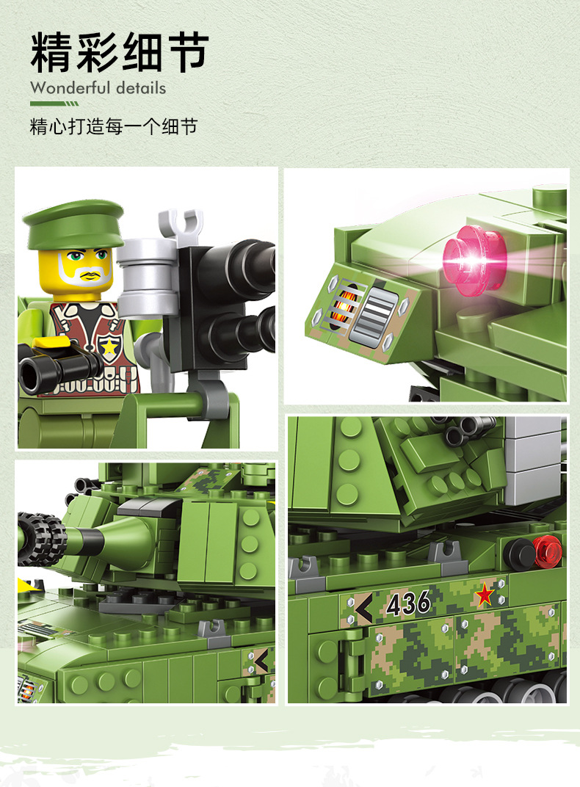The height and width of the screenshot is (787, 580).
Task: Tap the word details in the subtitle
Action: point(141,88)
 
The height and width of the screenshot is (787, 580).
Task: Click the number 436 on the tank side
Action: point(408,603)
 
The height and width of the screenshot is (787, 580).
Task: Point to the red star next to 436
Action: point(485,595)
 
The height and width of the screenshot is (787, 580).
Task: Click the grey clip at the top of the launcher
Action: point(180,223)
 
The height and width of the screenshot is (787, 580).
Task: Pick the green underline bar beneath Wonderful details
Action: point(54,104)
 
